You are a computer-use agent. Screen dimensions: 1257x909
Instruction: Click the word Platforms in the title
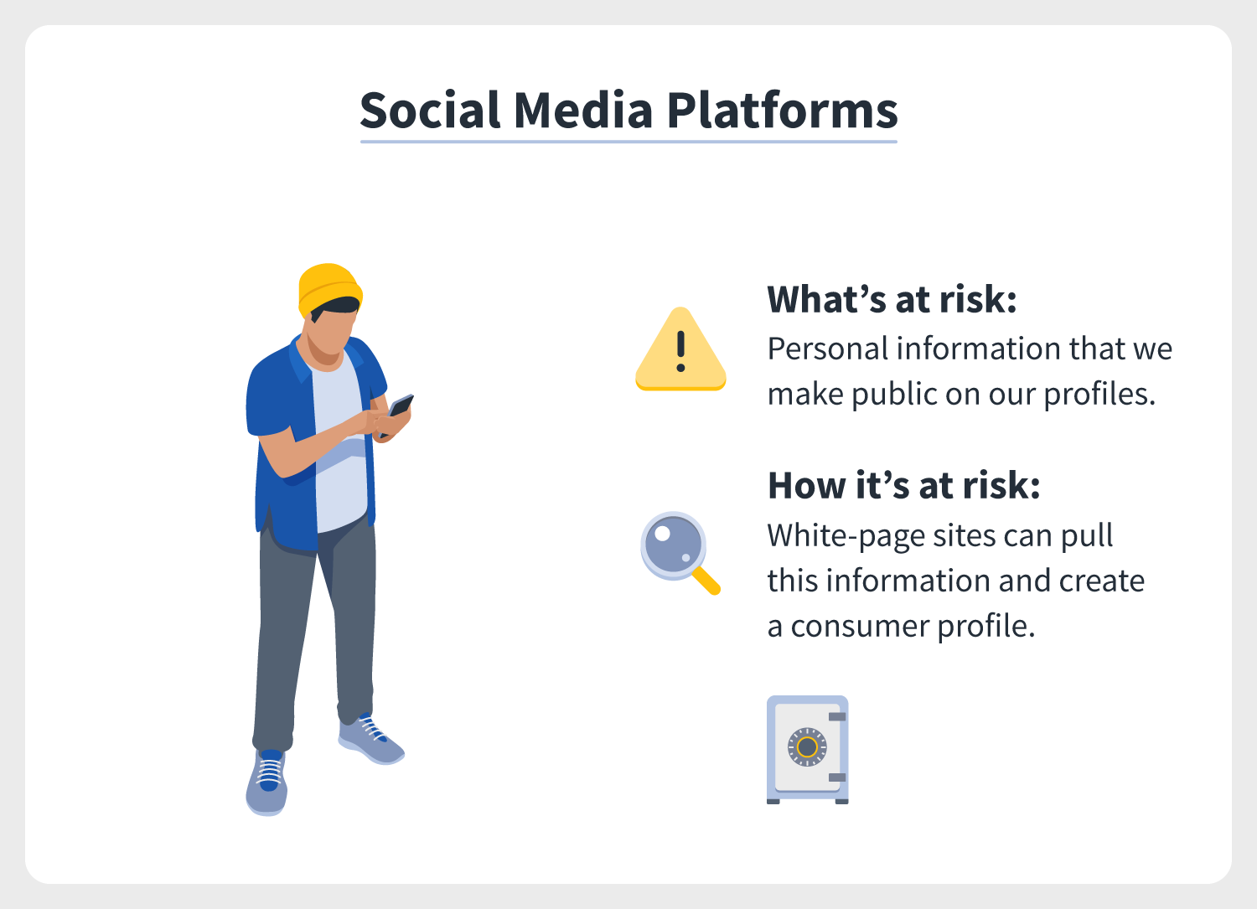tap(782, 111)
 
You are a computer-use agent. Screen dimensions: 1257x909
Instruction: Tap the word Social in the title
tap(430, 110)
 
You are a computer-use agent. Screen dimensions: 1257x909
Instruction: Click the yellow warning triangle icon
tap(680, 349)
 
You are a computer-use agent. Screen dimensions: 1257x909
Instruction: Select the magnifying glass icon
tap(680, 553)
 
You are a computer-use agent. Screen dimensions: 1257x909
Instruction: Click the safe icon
tap(808, 750)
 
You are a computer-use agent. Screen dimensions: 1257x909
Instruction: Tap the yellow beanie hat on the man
tap(329, 289)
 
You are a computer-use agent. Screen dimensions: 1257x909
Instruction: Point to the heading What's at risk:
tap(892, 299)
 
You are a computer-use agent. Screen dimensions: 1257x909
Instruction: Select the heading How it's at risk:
tap(904, 485)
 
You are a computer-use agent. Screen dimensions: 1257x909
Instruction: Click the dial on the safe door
tap(808, 746)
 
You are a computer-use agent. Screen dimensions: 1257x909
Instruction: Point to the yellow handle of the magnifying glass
tap(706, 581)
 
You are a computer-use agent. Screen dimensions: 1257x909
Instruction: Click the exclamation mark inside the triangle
tap(680, 351)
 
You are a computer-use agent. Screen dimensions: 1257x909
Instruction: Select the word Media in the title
tap(583, 110)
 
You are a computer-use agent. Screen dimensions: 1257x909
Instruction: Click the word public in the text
tap(895, 395)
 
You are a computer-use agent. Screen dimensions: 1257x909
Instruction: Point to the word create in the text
tap(1102, 581)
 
